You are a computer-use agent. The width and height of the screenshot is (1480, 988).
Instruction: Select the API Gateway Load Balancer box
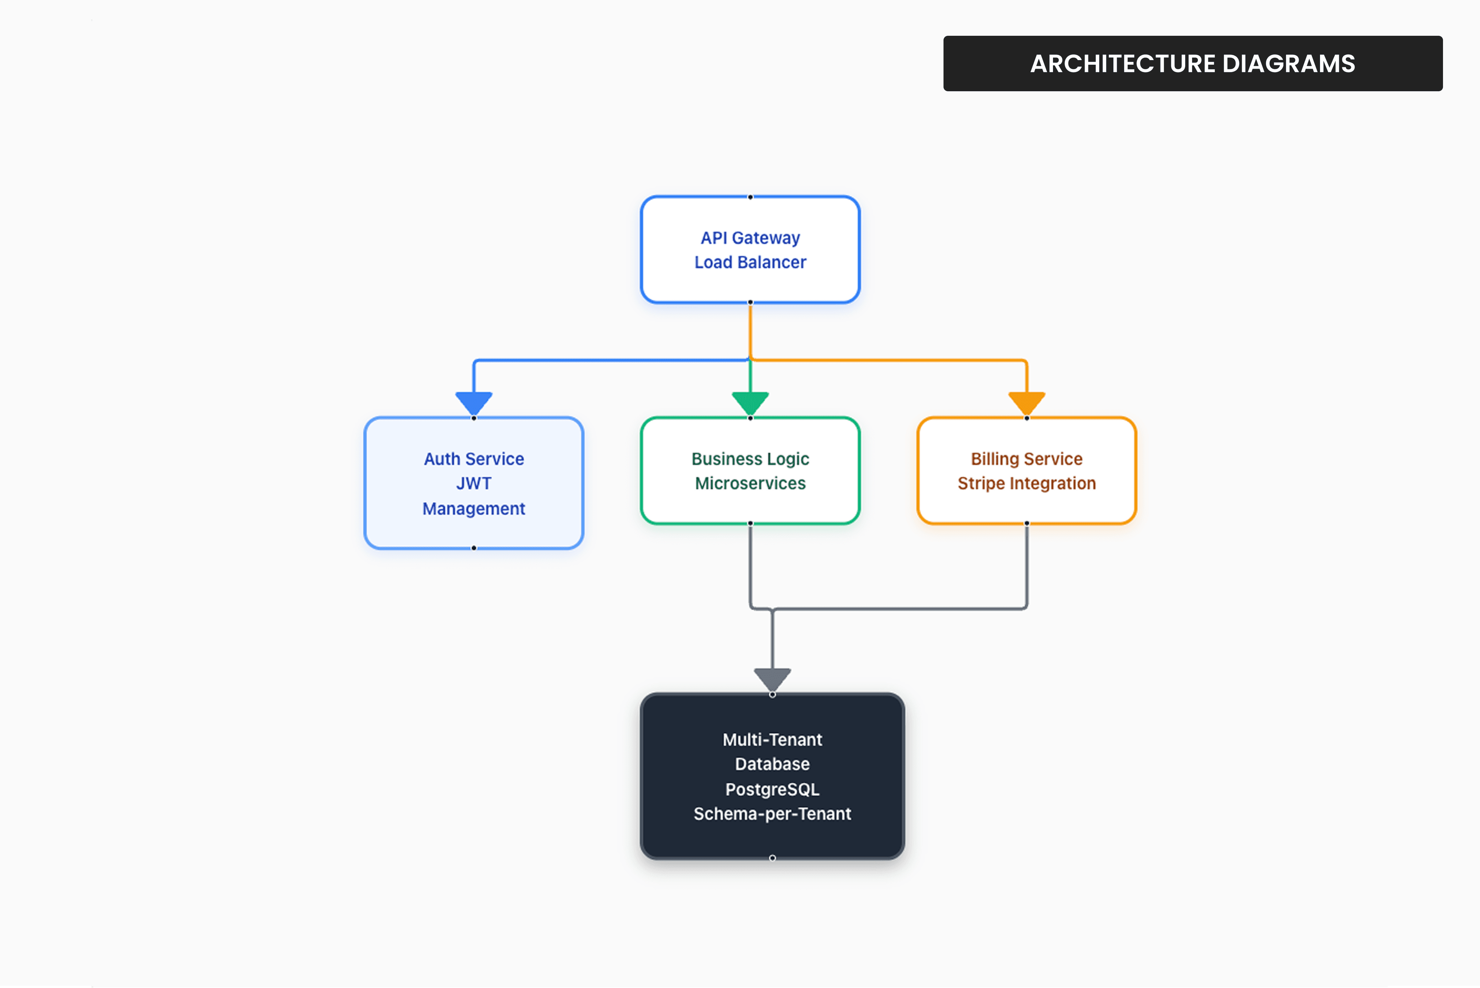coord(750,250)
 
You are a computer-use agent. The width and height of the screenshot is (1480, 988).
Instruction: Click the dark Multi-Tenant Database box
coord(772,776)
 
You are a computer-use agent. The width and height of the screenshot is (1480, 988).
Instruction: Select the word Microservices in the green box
coord(750,483)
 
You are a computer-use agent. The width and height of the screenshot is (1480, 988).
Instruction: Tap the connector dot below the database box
coord(772,858)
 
